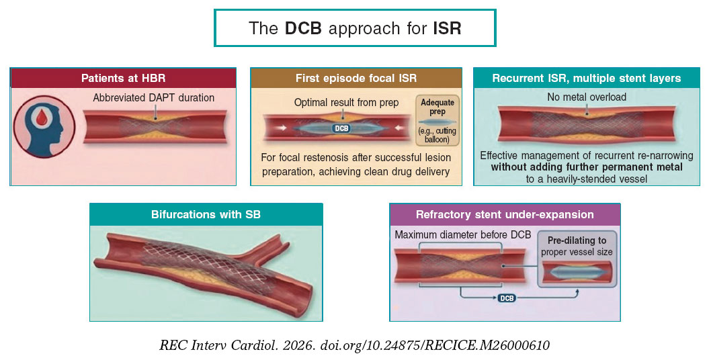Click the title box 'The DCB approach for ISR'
click(355, 28)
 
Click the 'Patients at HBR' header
click(123, 78)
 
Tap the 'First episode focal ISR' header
click(356, 78)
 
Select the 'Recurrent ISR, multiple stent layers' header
click(587, 78)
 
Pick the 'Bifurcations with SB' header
click(206, 214)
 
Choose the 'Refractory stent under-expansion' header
click(505, 214)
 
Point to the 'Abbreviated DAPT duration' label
click(154, 97)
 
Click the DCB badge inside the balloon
click(341, 128)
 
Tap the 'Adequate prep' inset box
click(437, 120)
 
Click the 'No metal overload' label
click(587, 97)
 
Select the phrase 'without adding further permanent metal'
click(587, 167)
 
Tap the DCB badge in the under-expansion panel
click(507, 298)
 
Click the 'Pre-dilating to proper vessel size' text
click(577, 246)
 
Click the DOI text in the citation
click(435, 345)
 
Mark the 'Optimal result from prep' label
click(346, 103)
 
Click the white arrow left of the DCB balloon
click(283, 128)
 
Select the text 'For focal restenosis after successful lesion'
click(356, 158)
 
